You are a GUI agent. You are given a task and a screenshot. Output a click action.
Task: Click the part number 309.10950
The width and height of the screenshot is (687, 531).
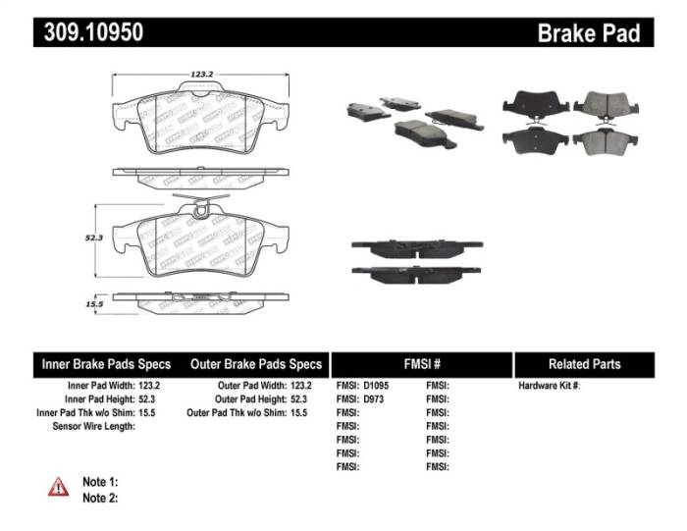[x=93, y=31]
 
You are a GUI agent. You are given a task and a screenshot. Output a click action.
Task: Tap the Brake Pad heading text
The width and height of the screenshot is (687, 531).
[x=588, y=32]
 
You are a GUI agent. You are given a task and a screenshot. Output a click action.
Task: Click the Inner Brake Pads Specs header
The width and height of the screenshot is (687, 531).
[x=106, y=364]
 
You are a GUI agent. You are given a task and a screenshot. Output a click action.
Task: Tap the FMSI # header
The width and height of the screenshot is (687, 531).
[x=422, y=364]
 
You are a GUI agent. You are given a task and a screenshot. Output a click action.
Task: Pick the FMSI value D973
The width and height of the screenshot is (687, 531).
[x=375, y=399]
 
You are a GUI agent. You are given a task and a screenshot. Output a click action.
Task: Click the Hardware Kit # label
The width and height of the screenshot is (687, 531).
[x=549, y=386]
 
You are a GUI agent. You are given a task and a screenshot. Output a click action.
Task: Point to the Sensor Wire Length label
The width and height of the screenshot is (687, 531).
[x=92, y=427]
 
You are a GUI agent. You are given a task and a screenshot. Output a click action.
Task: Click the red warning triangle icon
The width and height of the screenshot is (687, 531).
[x=58, y=486]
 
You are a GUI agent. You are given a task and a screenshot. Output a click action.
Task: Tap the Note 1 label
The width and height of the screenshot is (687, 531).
[x=100, y=482]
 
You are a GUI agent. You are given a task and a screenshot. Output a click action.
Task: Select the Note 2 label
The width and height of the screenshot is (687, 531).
[x=100, y=498]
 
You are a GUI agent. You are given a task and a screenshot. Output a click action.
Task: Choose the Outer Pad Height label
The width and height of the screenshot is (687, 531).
[x=250, y=399]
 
